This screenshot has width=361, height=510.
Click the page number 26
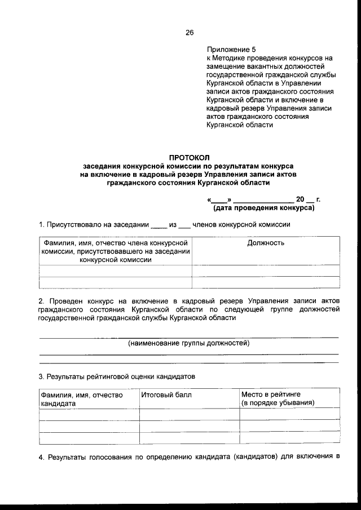tap(189, 33)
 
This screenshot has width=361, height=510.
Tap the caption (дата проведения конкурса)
tap(263, 208)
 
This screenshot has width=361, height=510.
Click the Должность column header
tap(266, 243)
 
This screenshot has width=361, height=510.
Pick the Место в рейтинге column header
tap(270, 395)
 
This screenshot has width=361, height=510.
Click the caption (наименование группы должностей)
tap(188, 343)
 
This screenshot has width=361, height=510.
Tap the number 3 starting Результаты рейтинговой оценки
tap(41, 375)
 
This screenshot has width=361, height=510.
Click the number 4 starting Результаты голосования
tap(41, 456)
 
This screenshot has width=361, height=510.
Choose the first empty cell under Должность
tap(266, 270)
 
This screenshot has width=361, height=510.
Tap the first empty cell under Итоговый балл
tap(190, 414)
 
